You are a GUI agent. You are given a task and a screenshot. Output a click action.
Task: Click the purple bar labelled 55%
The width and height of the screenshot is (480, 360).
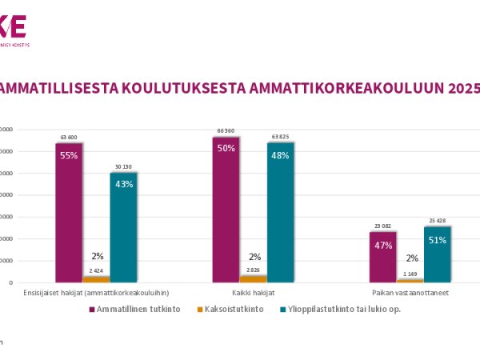[69, 212]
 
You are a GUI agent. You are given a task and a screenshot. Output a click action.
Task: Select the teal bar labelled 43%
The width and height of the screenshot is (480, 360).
[123, 227]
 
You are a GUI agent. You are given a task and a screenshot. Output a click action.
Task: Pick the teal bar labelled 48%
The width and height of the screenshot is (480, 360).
[280, 212]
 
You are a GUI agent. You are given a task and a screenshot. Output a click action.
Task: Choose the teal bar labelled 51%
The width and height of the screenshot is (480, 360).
[438, 254]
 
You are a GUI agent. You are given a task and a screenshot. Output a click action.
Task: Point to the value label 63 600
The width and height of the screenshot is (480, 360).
[69, 138]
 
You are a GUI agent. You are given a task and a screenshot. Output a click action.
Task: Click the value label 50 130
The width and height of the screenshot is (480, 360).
[123, 167]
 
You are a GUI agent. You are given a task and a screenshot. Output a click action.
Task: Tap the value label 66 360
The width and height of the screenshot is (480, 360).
[226, 131]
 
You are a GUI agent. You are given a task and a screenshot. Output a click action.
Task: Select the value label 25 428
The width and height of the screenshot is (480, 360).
[438, 221]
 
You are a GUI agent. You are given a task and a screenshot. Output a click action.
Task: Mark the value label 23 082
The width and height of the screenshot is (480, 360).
[383, 226]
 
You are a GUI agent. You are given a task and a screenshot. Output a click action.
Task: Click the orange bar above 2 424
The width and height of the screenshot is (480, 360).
[96, 279]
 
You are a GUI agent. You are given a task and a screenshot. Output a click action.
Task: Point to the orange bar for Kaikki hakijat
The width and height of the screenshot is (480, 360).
[254, 278]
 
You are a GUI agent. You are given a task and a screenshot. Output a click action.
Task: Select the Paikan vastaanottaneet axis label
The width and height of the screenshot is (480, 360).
[410, 293]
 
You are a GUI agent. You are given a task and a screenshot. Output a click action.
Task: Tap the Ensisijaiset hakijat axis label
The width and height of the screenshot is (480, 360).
[96, 293]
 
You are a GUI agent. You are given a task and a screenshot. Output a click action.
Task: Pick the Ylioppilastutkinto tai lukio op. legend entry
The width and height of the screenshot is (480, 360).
[343, 309]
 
